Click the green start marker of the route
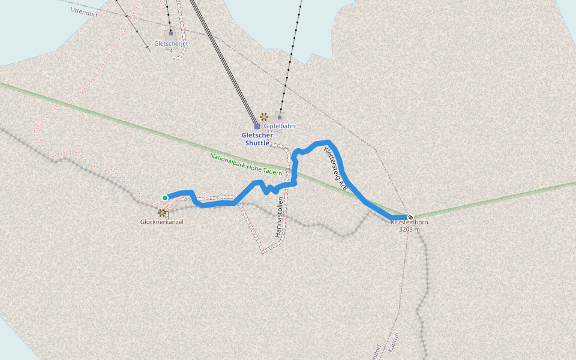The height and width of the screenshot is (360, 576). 165,197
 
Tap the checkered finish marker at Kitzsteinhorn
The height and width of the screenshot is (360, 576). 410,217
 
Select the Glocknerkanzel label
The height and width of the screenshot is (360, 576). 161,222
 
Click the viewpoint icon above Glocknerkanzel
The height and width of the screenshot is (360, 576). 161,212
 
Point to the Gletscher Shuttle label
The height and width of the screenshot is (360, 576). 257,139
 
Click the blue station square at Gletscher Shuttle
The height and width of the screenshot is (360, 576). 257,126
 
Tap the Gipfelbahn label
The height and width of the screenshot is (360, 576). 280,127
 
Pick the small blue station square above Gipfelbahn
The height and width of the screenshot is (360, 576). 280,117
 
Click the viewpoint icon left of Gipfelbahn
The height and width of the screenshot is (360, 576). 263,116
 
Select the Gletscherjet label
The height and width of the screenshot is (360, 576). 172,43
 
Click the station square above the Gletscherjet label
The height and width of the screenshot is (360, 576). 171,33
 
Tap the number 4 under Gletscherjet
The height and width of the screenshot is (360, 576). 171,50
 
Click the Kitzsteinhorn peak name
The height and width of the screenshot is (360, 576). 409,223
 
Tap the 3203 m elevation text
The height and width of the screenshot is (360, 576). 409,229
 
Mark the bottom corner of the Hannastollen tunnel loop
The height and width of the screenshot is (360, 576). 263,252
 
